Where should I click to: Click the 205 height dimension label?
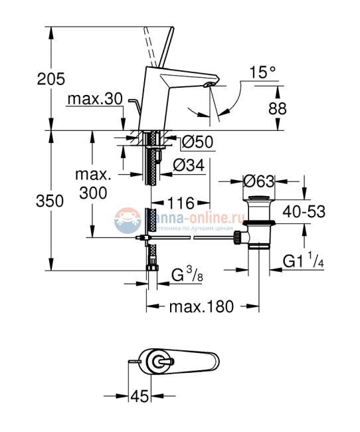pyautogui.click(x=51, y=79)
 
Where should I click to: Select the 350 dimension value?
pyautogui.click(x=51, y=201)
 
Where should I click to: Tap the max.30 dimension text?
pyautogui.click(x=94, y=99)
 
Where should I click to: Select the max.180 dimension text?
pyautogui.click(x=201, y=307)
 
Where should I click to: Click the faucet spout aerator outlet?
pyautogui.click(x=209, y=85)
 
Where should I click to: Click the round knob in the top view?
pyautogui.click(x=159, y=362)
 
